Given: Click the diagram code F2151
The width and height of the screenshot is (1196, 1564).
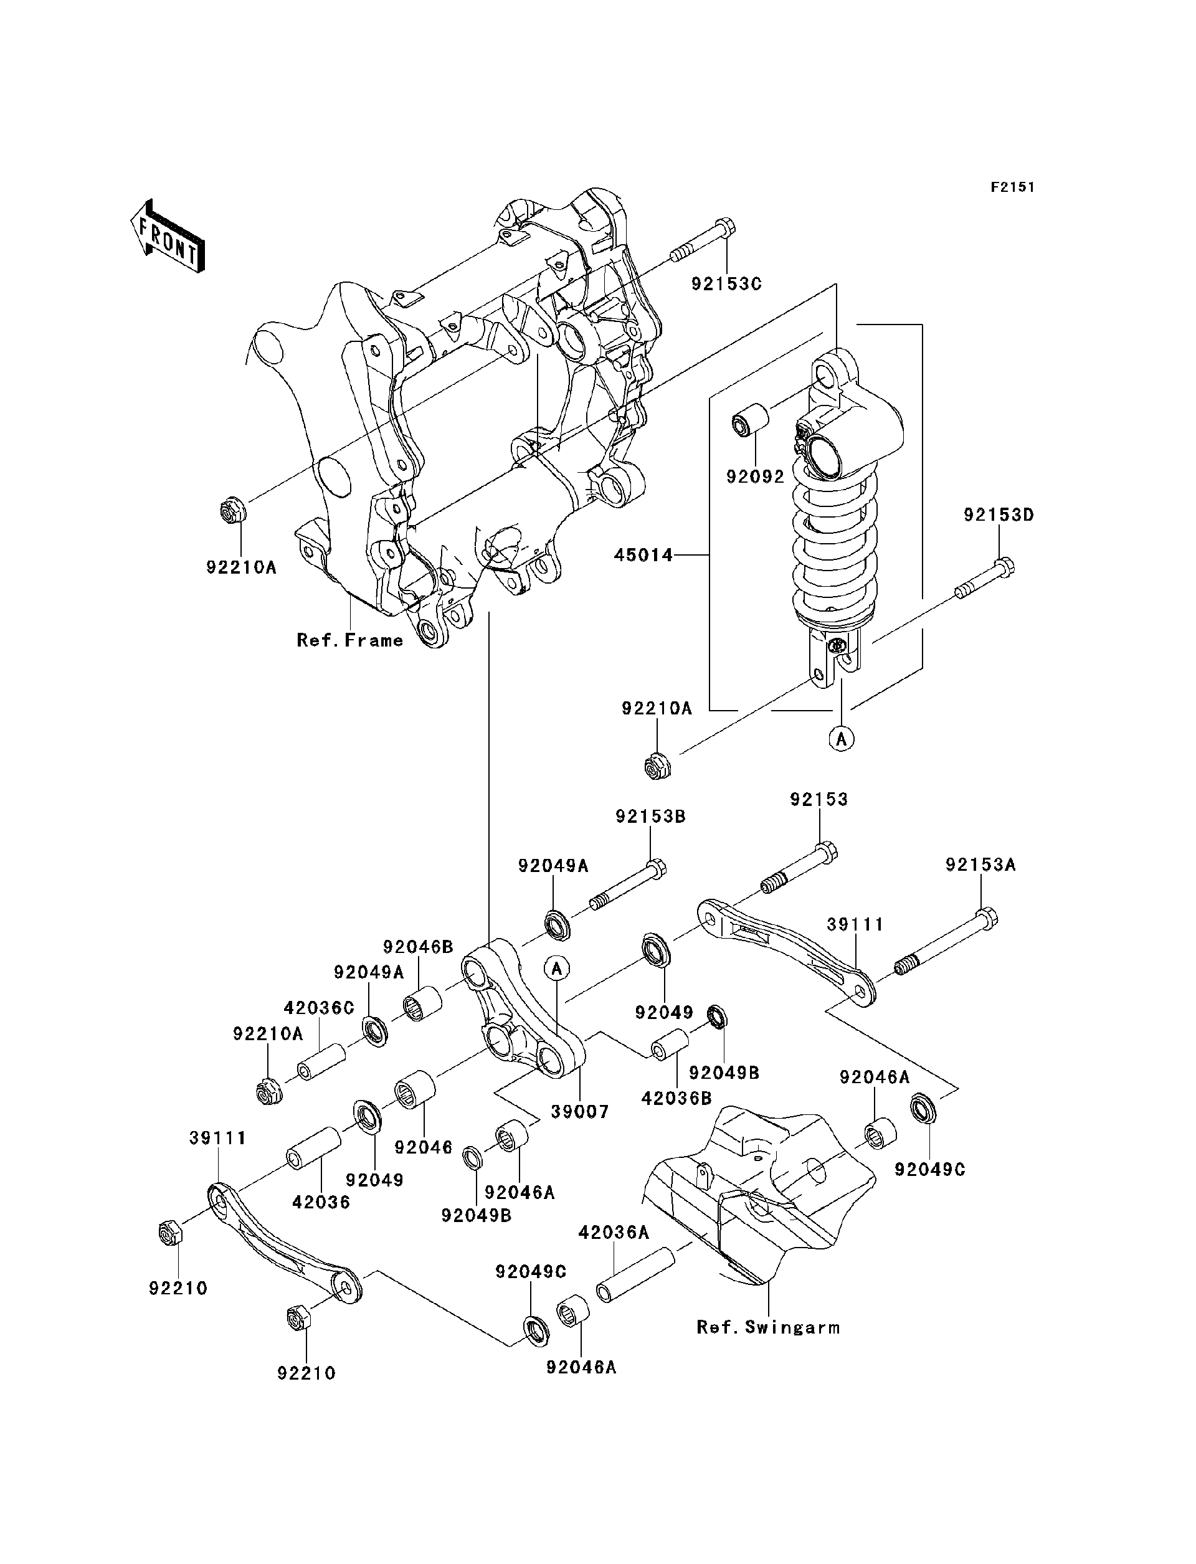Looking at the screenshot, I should click(1012, 187).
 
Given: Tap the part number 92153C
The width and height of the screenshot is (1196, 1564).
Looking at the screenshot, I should click(726, 283).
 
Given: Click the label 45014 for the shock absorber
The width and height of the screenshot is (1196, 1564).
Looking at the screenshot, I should click(643, 554).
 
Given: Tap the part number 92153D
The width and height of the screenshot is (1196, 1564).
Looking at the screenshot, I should click(998, 514).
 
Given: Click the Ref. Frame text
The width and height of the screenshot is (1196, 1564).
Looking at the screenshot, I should click(349, 641).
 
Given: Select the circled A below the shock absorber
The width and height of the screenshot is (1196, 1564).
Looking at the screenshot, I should click(842, 739).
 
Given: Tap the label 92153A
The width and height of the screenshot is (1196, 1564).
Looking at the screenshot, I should click(980, 865).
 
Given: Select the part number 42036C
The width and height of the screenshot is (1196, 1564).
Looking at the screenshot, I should click(318, 1008).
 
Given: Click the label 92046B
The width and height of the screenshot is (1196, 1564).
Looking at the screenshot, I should click(418, 947).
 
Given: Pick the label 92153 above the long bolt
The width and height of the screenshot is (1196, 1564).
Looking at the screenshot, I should click(819, 800).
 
